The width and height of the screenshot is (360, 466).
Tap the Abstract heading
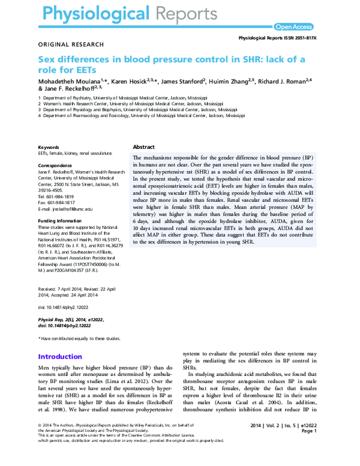[x=143, y=147]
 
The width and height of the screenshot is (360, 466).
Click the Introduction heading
[x=60, y=356]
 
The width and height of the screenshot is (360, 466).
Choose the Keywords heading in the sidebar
[x=49, y=147]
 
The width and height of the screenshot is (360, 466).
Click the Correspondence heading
[x=55, y=165]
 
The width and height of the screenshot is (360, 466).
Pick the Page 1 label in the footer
[x=308, y=431]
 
